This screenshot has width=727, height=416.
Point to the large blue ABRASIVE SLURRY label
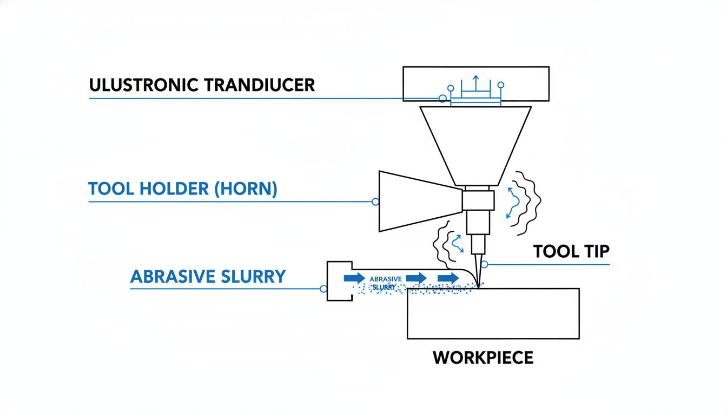click(x=208, y=276)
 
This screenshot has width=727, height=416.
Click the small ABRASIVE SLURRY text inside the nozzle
click(x=386, y=282)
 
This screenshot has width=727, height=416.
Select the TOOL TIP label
click(x=571, y=251)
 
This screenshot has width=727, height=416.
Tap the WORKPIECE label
click(x=483, y=357)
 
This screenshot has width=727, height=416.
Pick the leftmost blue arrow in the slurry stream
click(x=354, y=278)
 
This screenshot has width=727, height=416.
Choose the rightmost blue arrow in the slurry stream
click(x=448, y=278)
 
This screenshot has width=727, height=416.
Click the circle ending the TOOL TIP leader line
click(x=484, y=264)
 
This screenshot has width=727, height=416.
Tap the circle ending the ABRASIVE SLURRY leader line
click(x=323, y=289)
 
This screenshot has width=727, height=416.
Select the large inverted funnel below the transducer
click(x=475, y=144)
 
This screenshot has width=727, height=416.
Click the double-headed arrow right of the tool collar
click(x=512, y=203)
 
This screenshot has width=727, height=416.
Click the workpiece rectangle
click(x=493, y=314)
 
